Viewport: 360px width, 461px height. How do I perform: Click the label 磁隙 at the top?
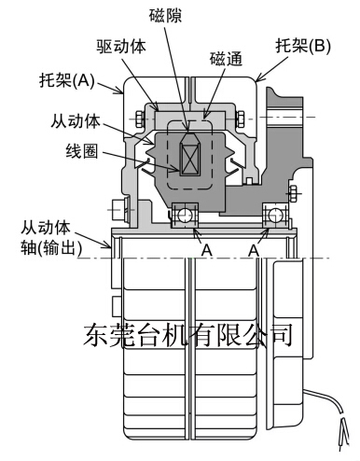pos(165,16)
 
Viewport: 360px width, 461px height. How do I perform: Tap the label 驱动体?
pos(120,47)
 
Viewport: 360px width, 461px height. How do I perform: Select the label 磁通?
pos(226,59)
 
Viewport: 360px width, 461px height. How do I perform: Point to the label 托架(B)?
pos(303,47)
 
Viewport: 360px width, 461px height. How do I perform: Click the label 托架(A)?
pos(67,80)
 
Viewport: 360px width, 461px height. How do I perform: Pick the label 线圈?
pos(82,151)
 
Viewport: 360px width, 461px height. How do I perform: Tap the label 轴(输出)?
pos(51,248)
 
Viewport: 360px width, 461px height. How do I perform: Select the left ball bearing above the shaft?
pos(185,215)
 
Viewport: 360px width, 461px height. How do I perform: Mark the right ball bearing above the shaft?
pos(275,215)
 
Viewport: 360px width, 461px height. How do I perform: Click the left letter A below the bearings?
pos(206,250)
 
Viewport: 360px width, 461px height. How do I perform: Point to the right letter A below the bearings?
pos(254,250)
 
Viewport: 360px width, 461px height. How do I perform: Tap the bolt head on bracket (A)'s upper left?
pos(140,119)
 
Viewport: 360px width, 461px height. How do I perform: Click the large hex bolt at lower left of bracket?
pos(118,210)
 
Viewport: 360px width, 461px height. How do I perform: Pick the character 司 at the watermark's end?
pos(281,335)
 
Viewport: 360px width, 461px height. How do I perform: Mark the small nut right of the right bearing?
pos(293,193)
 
